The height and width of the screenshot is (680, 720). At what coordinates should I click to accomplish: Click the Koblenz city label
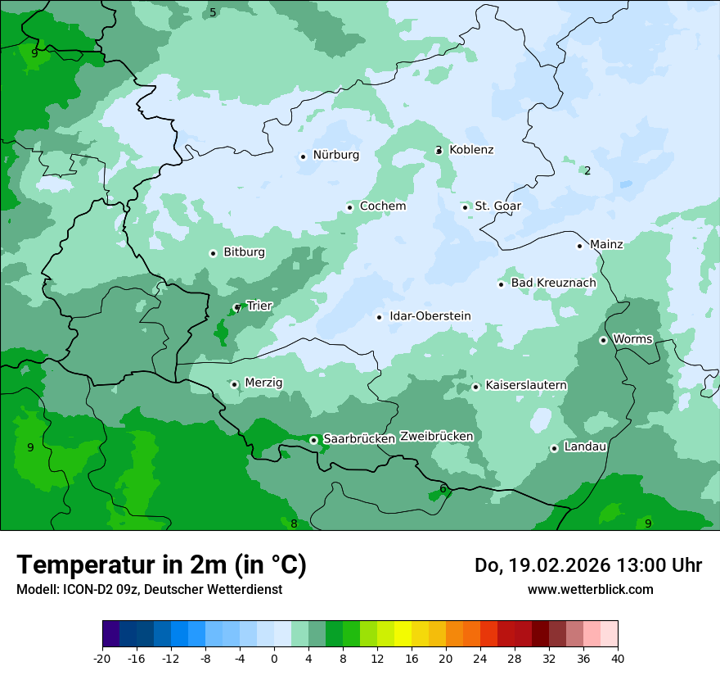point(471,150)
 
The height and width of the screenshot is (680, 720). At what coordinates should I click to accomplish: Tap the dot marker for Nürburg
point(303,156)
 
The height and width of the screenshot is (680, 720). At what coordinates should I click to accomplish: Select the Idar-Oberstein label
point(430,316)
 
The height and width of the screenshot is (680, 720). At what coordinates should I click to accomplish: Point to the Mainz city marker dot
point(579,245)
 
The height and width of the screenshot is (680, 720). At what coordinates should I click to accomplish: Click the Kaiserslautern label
point(526,385)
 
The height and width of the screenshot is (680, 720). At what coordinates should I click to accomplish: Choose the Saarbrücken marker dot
point(313,440)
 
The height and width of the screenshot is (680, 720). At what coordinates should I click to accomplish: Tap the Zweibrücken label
point(436,437)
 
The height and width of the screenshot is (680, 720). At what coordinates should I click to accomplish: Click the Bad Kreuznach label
point(553,283)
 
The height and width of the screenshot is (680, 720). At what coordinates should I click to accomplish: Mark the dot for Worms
point(603,340)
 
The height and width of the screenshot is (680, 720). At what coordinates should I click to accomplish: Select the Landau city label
point(585,447)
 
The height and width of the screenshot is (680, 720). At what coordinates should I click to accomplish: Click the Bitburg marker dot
point(213,253)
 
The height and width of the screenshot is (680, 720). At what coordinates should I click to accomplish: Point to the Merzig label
point(263,383)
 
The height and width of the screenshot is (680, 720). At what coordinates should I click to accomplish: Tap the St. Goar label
point(497,206)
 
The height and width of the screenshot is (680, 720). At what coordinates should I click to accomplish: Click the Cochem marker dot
point(349,207)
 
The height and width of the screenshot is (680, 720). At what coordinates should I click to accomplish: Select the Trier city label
point(259,306)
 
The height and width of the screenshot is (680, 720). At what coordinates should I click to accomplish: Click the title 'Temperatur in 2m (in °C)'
point(161,565)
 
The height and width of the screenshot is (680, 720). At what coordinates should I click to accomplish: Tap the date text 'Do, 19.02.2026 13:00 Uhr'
point(587,565)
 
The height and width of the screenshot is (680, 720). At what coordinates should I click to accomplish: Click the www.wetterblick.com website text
point(590,590)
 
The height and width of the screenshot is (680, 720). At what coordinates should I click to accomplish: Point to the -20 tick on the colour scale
point(102,659)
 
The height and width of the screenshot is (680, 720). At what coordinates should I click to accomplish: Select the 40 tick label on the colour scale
point(618,659)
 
